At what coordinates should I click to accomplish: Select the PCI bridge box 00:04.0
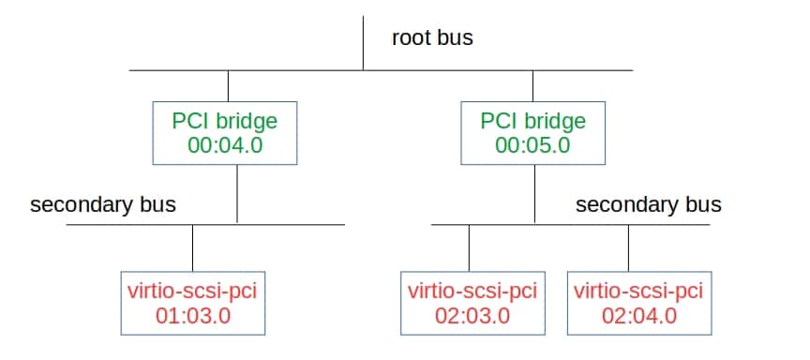click(x=224, y=133)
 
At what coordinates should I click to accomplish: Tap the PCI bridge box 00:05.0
click(x=532, y=133)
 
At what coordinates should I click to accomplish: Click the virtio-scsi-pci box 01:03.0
click(x=191, y=302)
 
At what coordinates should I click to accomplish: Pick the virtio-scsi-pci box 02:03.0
click(x=472, y=302)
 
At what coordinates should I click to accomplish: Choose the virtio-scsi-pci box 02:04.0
click(x=637, y=302)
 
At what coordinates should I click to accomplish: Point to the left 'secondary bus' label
click(x=103, y=204)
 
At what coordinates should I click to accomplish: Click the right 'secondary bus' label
click(x=648, y=204)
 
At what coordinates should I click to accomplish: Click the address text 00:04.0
click(x=224, y=145)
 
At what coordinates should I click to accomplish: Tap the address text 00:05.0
click(x=532, y=145)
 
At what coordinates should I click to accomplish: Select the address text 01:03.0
click(x=191, y=315)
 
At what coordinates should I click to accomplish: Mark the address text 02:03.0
click(x=472, y=315)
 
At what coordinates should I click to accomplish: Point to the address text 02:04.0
click(x=637, y=315)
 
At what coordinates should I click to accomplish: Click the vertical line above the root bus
click(x=364, y=42)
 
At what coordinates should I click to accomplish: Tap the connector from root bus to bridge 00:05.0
click(x=532, y=86)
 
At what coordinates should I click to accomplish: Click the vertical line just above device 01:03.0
click(x=192, y=247)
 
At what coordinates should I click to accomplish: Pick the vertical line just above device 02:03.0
click(x=468, y=247)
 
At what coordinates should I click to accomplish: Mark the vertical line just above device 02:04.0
click(x=628, y=247)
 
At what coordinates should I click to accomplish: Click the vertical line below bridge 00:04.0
click(x=237, y=194)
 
